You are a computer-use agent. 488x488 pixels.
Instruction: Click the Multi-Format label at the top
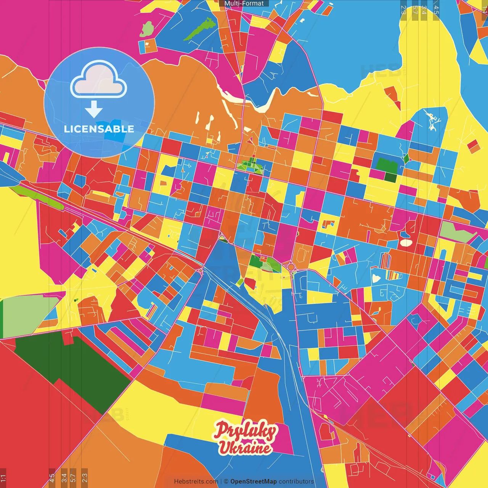pos(244,3)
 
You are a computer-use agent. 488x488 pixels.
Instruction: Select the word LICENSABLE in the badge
pos(99,129)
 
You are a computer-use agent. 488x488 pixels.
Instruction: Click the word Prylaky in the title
pos(246,431)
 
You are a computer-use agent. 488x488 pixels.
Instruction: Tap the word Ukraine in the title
pos(246,448)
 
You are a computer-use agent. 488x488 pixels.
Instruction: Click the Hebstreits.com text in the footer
pos(196,482)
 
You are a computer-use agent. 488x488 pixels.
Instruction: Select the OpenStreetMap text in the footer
pos(253,482)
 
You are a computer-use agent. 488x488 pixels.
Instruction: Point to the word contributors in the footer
pos(296,482)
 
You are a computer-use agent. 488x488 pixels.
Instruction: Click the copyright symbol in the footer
pos(226,482)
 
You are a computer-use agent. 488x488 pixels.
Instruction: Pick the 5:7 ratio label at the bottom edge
pos(73,477)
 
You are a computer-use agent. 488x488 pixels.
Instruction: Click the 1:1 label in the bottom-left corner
pos(3,477)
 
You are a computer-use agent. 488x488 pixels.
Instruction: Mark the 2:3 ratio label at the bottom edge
pos(85,477)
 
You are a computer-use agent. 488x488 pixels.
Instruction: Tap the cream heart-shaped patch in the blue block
pos(376,278)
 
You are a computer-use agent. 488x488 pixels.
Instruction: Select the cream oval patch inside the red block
pos(406,242)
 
